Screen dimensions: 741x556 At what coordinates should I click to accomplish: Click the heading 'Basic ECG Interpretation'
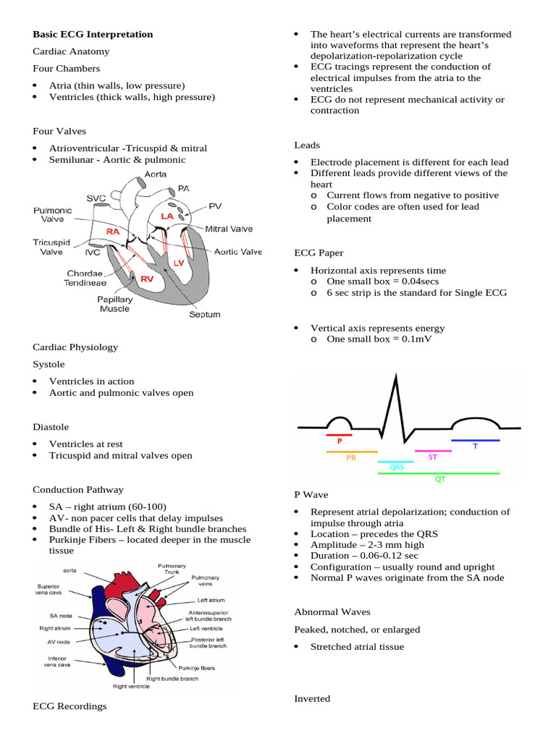pos(93,34)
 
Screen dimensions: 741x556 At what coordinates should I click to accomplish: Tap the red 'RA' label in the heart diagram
pos(113,231)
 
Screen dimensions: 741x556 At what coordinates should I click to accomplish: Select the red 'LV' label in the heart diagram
pos(178,263)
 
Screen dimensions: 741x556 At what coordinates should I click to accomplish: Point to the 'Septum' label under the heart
pos(203,315)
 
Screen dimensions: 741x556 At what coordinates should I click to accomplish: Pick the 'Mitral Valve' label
pos(229,229)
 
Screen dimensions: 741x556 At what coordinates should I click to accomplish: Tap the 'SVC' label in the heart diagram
pos(96,198)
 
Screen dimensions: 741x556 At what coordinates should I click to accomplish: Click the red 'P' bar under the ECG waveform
pos(339,435)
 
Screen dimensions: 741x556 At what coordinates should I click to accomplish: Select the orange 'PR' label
pos(351,457)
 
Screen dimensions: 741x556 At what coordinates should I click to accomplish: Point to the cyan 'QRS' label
pos(396,467)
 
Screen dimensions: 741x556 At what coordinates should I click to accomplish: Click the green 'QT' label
pos(439,479)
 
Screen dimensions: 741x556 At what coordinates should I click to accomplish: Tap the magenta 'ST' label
pos(432,457)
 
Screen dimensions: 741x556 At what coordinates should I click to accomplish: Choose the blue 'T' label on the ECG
pos(476,446)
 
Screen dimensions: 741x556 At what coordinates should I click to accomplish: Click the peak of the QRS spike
pos(396,375)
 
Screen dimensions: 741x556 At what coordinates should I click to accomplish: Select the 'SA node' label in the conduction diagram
pos(54,616)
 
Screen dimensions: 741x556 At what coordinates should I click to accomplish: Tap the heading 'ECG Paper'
pos(319,253)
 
